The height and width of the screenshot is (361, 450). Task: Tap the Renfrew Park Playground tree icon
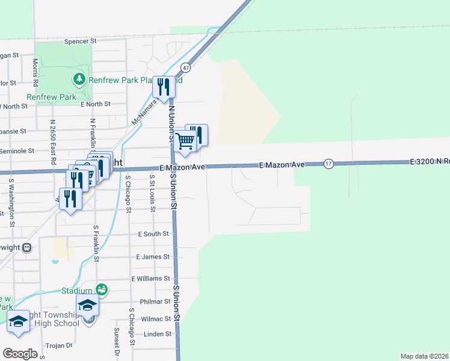point(78,79)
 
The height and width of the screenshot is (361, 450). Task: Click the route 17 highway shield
point(328,164)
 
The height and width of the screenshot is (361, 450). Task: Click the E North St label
point(96,104)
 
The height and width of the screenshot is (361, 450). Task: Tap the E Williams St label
point(151,279)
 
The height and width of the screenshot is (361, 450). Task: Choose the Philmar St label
point(155,301)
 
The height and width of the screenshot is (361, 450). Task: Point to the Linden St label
point(158,334)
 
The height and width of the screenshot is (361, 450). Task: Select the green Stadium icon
point(102,290)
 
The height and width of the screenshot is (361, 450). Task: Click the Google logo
point(20,354)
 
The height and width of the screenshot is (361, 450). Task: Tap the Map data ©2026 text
point(425,356)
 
